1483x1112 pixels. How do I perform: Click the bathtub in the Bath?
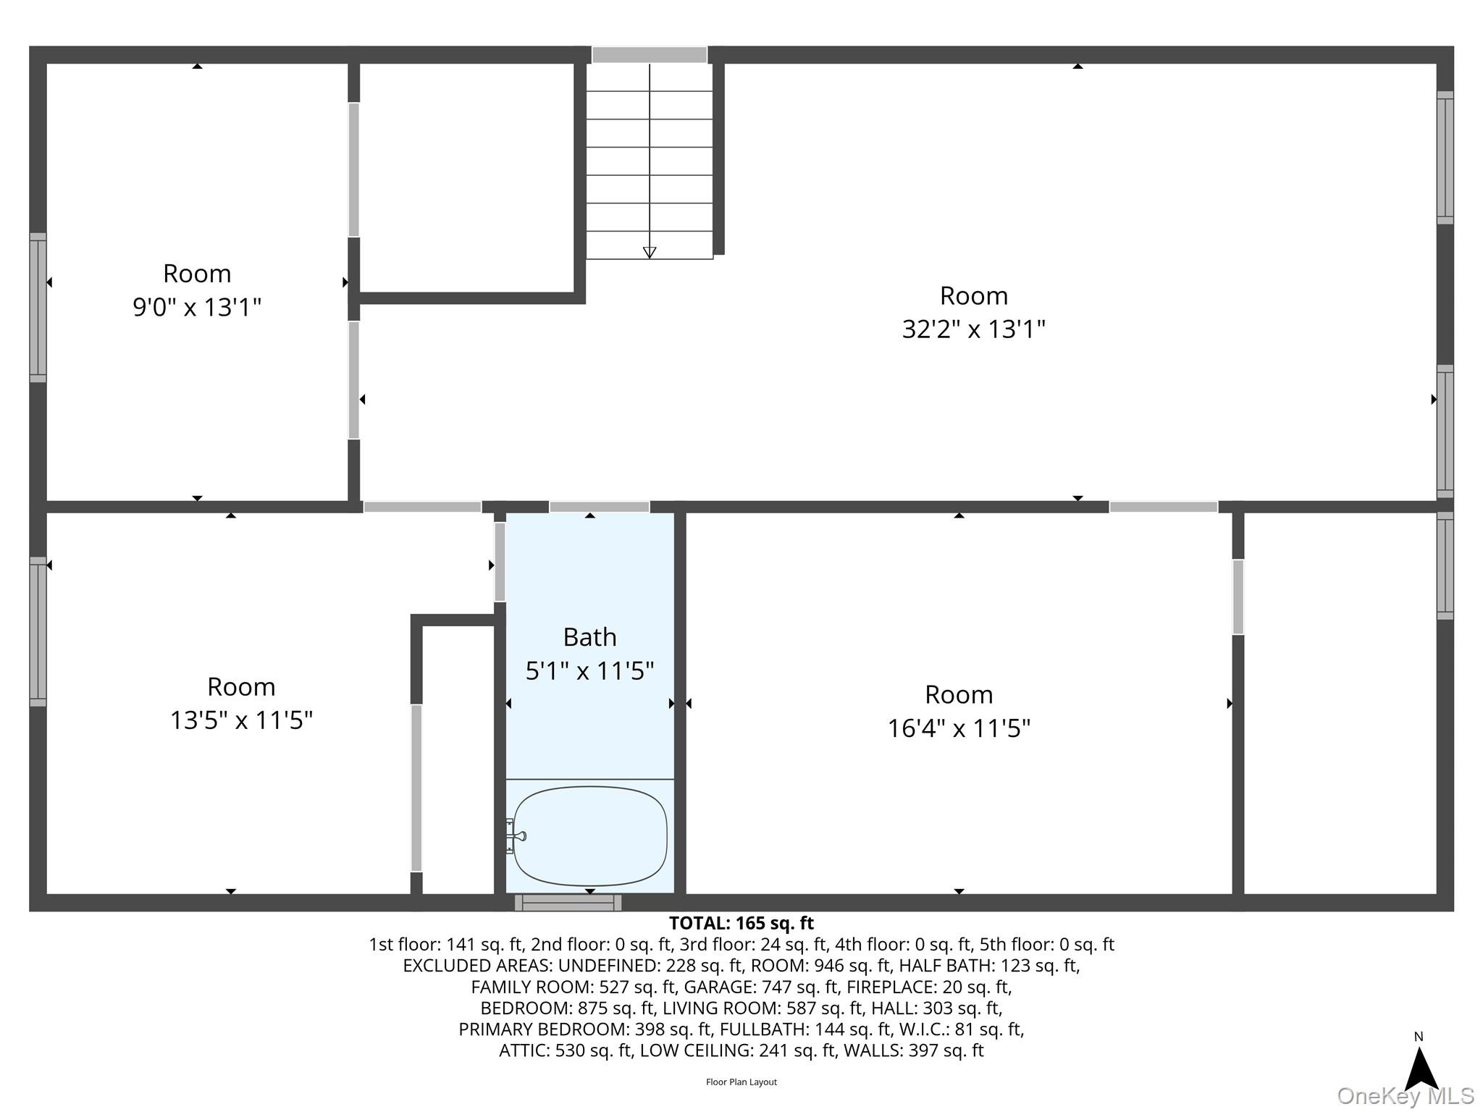[x=590, y=836]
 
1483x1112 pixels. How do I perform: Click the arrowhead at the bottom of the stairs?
[x=650, y=252]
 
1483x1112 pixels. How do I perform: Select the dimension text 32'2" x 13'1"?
[x=973, y=330]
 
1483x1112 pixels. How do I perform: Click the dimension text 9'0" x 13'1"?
[x=196, y=308]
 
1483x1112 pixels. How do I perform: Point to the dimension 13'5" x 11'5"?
[x=241, y=721]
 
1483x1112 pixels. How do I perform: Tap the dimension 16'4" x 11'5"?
[x=959, y=728]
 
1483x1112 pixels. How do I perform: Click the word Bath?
[x=589, y=637]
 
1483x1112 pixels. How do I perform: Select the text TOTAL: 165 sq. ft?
[x=741, y=924]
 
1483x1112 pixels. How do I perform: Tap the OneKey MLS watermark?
[x=1405, y=1096]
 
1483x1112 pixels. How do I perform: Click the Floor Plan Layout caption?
[x=741, y=1082]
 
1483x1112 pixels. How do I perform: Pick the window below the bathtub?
[x=568, y=903]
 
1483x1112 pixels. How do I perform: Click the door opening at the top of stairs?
[x=650, y=55]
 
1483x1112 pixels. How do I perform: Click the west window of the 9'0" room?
[x=38, y=308]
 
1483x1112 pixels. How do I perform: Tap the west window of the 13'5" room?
[x=38, y=631]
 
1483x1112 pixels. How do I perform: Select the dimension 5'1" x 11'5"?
[x=589, y=671]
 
